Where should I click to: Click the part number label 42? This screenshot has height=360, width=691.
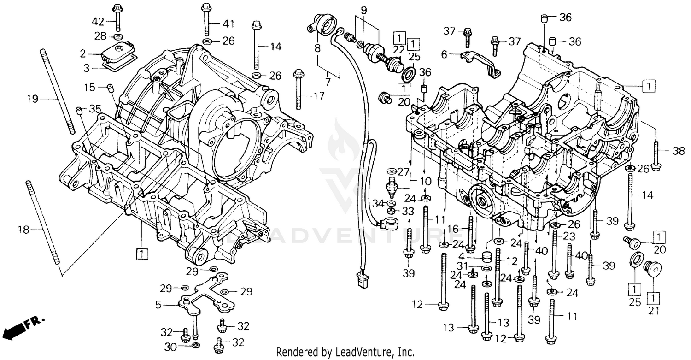98,21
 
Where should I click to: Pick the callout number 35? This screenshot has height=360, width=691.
95,109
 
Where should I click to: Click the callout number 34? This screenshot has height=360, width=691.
378,203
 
